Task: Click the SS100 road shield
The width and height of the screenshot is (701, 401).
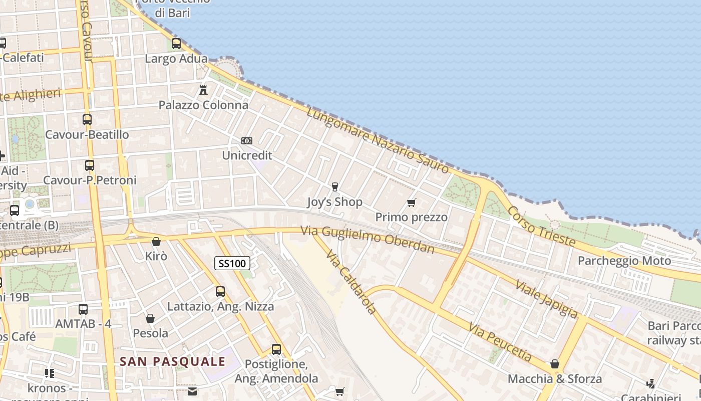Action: tap(232, 263)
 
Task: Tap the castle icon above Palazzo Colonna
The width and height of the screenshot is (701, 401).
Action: tap(203, 91)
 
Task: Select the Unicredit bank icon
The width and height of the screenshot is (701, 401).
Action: tap(247, 141)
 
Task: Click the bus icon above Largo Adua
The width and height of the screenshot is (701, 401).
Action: tap(176, 44)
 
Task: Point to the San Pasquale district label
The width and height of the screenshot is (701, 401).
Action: tap(173, 361)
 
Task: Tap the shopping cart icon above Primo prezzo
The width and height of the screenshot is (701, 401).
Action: tap(412, 203)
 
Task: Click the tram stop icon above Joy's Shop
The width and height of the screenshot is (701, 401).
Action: tap(335, 187)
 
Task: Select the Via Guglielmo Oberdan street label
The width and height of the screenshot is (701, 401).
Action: tap(368, 239)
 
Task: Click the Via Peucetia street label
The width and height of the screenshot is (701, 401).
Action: tap(500, 342)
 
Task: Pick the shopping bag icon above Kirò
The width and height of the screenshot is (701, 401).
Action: tap(156, 242)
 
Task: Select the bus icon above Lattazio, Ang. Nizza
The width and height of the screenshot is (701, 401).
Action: tap(220, 291)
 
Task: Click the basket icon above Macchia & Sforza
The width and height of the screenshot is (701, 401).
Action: tap(555, 364)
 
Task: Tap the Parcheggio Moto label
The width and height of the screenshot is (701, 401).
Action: tap(624, 261)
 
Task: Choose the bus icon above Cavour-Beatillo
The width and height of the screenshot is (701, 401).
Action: tap(87, 120)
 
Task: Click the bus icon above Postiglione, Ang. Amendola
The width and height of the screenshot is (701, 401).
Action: tap(276, 349)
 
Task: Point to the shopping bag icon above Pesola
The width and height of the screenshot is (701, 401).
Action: tap(150, 318)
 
